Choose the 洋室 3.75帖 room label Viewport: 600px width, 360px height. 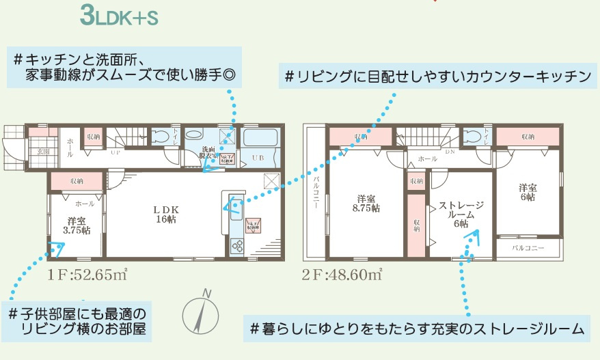point(77,225)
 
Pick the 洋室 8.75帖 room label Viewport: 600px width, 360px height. point(366,203)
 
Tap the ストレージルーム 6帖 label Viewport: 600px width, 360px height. point(462,213)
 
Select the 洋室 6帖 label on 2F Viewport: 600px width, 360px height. point(526,192)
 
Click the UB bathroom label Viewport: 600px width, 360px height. point(258,157)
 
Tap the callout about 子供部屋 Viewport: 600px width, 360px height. point(77,321)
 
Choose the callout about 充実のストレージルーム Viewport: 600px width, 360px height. point(418,329)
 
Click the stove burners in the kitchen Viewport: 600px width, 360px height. point(239,247)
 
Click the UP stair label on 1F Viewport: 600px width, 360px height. point(116,153)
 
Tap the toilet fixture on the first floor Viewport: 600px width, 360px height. point(163,136)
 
